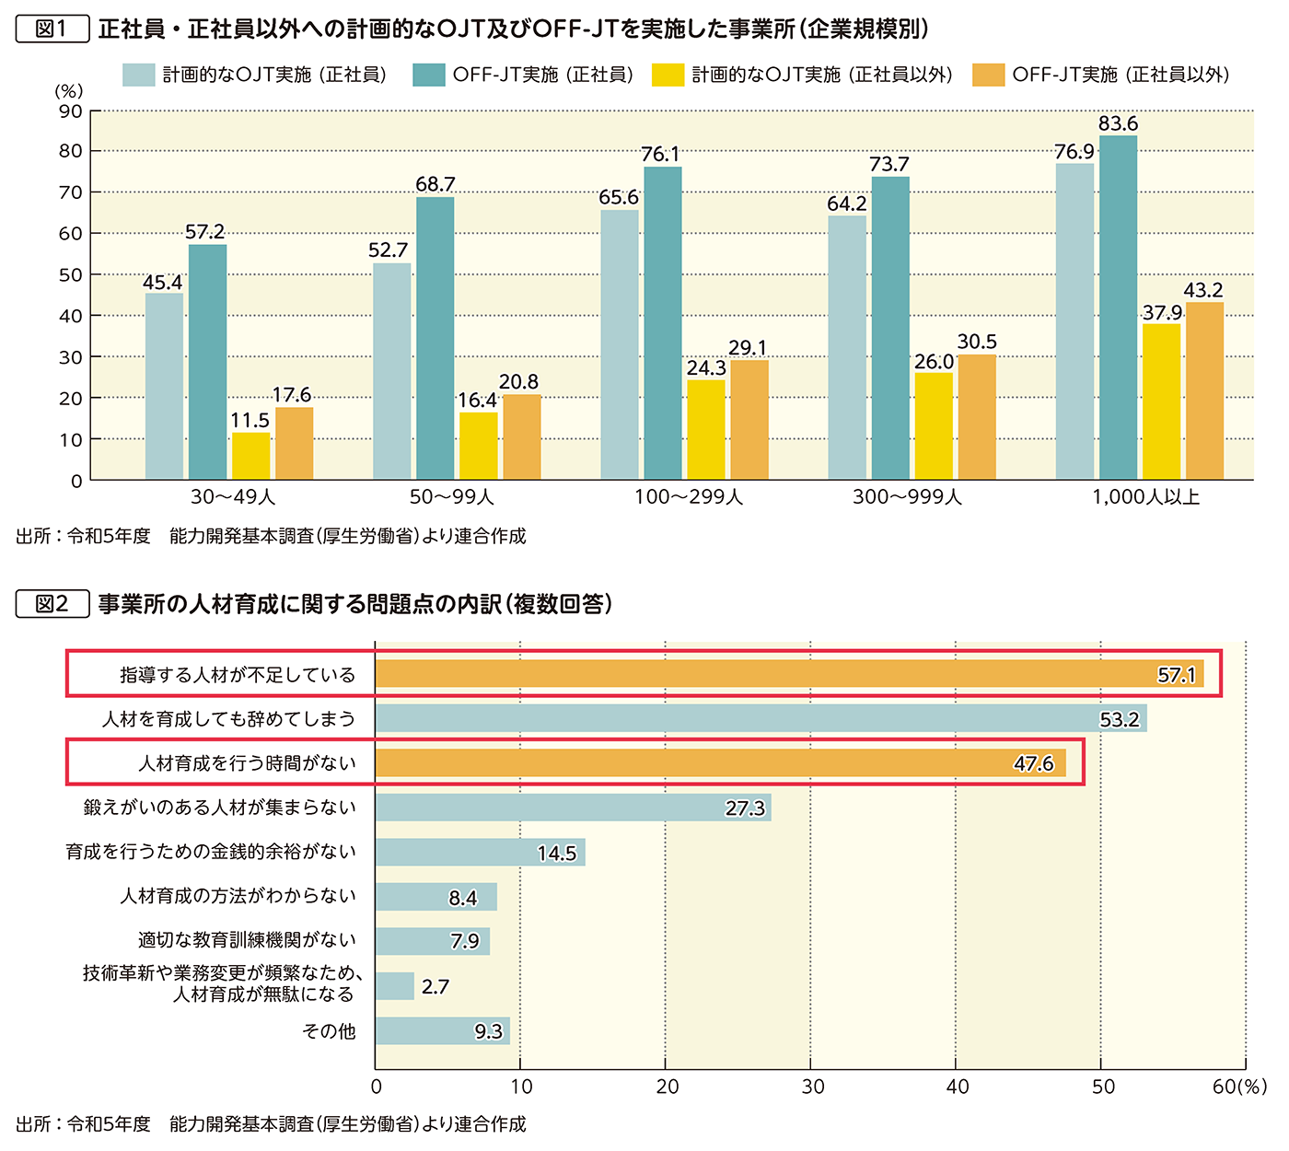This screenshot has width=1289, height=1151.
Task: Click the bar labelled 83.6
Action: tap(1118, 308)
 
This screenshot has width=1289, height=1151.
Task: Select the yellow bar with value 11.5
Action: tap(250, 456)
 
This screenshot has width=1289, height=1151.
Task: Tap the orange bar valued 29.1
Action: tap(749, 420)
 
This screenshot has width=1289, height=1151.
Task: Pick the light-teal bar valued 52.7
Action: tap(392, 371)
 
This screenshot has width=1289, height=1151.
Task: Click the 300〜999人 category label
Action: tap(907, 497)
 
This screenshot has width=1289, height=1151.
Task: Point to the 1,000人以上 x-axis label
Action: tap(1146, 497)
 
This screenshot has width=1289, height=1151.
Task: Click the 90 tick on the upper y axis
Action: tap(71, 111)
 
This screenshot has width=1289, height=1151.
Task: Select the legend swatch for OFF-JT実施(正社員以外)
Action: tap(988, 75)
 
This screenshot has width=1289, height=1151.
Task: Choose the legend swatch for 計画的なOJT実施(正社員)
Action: tap(138, 75)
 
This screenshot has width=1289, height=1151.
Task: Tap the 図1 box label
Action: tap(52, 29)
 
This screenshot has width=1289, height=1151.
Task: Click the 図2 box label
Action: tap(52, 604)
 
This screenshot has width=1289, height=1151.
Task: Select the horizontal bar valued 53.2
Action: tap(761, 719)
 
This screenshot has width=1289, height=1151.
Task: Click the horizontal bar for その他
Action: tap(442, 1031)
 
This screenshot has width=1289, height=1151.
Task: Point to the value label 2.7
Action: tap(435, 987)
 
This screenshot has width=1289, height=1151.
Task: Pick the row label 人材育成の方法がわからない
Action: tap(238, 896)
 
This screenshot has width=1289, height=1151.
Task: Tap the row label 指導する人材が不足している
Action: tap(238, 675)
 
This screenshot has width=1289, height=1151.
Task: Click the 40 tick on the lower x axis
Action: tap(958, 1087)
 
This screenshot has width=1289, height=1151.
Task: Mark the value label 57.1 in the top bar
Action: tap(1176, 675)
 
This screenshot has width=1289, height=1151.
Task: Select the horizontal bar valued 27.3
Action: tap(573, 808)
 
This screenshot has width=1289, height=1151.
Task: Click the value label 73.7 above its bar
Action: tap(889, 165)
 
